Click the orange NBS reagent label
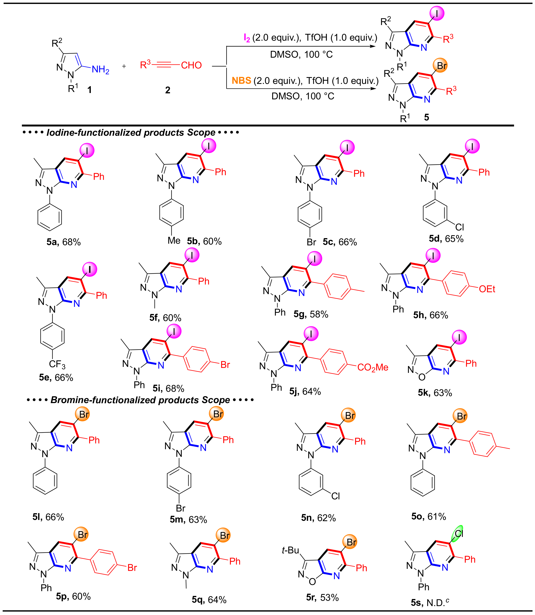point(241,81)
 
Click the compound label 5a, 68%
point(64,242)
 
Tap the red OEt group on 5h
point(487,289)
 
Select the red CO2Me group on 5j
point(373,367)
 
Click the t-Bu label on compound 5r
point(290,550)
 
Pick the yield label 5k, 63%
point(435,393)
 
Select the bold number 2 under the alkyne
point(168,90)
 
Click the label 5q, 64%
point(209,600)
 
